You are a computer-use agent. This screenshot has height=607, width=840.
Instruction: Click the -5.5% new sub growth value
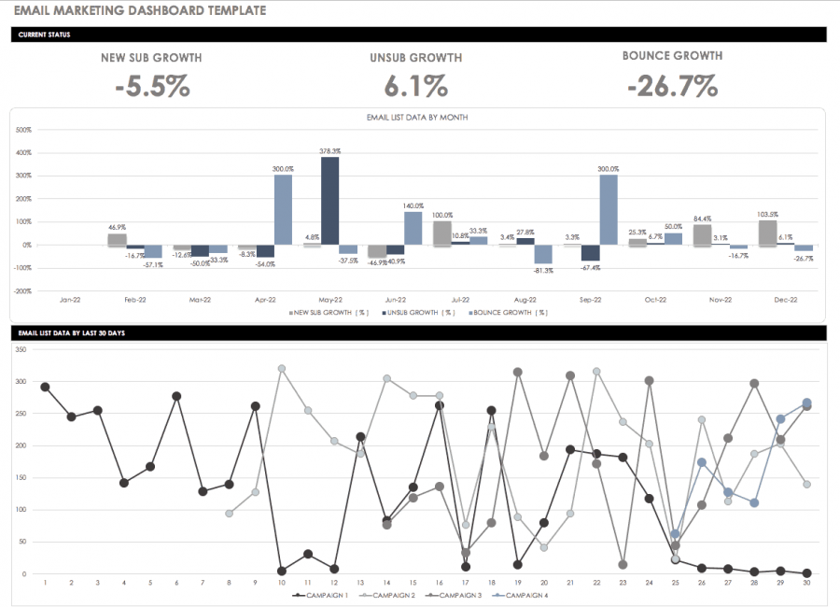tap(151, 87)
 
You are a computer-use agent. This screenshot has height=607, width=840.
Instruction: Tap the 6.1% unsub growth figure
tap(415, 87)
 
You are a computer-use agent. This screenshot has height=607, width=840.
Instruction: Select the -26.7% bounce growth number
tap(672, 87)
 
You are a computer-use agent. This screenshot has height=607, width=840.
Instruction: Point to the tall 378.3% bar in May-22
tap(329, 200)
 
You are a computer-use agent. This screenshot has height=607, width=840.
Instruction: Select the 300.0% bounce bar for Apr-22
tap(283, 209)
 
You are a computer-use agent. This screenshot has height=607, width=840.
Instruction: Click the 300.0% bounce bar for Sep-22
tap(608, 209)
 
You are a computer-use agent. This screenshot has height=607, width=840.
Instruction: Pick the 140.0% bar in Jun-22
tap(413, 228)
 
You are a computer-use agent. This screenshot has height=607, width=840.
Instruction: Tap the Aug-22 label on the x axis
tap(525, 301)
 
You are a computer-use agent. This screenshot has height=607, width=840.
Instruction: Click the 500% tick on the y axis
tap(24, 130)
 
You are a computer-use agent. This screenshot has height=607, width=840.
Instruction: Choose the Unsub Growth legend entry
tap(419, 312)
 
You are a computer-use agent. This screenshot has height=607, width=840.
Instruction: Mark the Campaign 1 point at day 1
tap(45, 387)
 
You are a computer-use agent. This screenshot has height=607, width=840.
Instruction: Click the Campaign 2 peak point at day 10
tap(281, 369)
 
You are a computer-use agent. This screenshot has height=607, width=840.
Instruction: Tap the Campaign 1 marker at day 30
tap(806, 573)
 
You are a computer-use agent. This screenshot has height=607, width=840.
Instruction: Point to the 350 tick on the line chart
tap(21, 350)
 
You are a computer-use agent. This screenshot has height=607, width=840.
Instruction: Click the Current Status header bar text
tap(44, 35)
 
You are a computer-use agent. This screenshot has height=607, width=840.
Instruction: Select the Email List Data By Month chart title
tap(419, 118)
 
